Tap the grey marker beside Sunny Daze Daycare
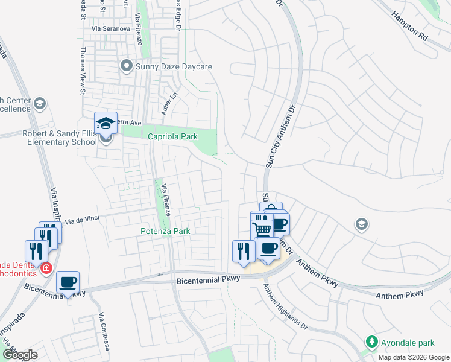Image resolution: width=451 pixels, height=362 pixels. [126, 66]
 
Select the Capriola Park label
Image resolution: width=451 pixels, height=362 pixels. [173, 136]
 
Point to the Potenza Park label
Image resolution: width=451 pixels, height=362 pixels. [165, 231]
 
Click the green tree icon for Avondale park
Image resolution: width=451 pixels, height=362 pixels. [372, 342]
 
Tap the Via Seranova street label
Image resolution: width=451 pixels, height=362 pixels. [111, 28]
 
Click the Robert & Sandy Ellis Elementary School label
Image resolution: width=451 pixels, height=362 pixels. [60, 138]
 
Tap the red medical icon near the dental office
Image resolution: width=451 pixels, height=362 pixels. [45, 267]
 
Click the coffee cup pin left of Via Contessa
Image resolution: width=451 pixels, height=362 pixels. [68, 282]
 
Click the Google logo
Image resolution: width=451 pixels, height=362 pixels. [20, 355]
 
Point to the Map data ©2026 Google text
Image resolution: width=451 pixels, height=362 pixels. [413, 357]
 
